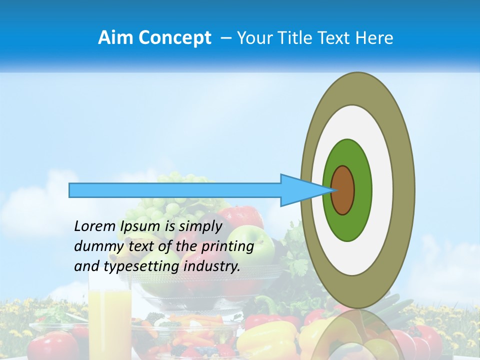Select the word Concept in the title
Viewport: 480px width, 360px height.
coord(175,38)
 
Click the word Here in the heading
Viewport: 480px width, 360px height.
coord(374,38)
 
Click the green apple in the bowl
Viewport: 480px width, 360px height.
coord(250,240)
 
